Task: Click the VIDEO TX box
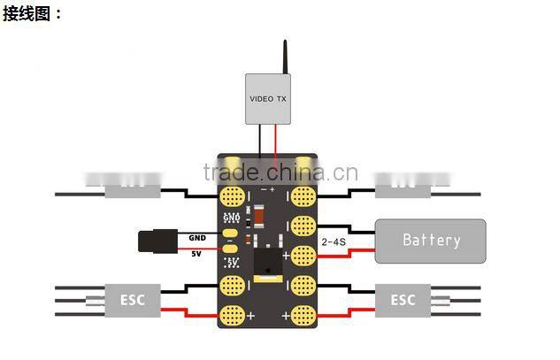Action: click(x=269, y=98)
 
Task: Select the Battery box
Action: click(x=431, y=240)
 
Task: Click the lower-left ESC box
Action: click(x=132, y=300)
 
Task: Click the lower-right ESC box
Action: click(x=403, y=300)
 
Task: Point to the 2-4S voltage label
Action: click(x=334, y=241)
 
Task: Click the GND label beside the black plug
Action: click(x=196, y=238)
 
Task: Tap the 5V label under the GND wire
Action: click(x=196, y=254)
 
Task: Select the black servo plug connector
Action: click(x=157, y=241)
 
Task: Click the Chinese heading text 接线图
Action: click(x=33, y=13)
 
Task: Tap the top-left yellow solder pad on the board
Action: click(x=234, y=195)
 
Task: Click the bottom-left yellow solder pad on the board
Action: click(x=234, y=313)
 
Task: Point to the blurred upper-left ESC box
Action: click(x=133, y=187)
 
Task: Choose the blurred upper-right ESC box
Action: click(x=403, y=187)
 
